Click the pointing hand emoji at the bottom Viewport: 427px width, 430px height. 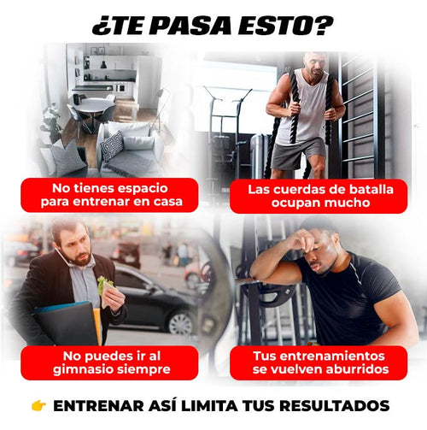pyautogui.click(x=38, y=406)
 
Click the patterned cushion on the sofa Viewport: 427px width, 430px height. pyautogui.click(x=112, y=144)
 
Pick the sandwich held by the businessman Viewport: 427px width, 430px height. pyautogui.click(x=105, y=285)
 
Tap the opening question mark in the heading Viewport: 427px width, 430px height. pyautogui.click(x=97, y=25)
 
